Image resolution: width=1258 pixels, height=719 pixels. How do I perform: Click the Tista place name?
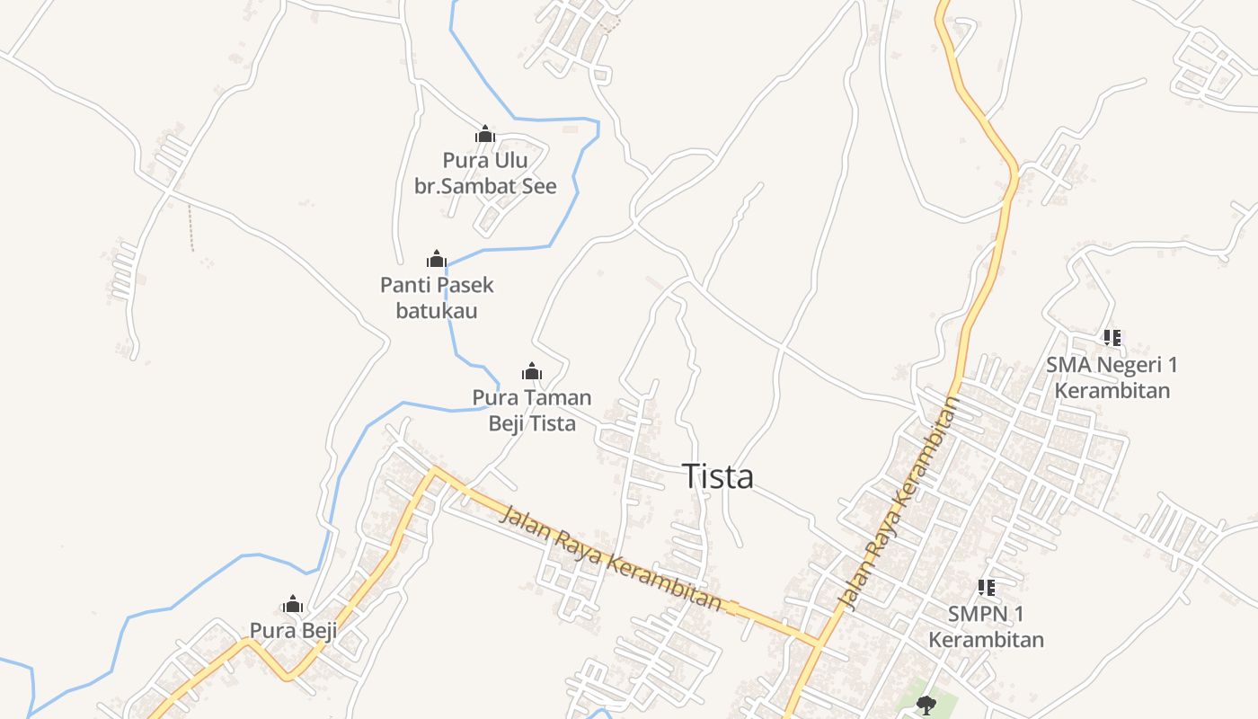point(717,476)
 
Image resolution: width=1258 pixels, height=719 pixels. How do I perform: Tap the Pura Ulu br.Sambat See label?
point(485,173)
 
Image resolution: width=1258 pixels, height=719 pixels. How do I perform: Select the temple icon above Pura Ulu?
point(485,135)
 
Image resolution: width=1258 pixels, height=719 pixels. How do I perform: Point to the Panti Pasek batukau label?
point(437,298)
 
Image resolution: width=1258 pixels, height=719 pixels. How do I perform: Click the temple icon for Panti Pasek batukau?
point(437,260)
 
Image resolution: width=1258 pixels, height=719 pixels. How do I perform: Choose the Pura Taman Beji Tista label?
point(532,411)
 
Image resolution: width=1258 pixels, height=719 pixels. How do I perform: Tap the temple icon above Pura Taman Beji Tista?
point(532,371)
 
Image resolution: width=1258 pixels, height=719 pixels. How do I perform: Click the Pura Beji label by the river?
point(293,631)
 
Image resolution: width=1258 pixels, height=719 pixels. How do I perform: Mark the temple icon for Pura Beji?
point(293,604)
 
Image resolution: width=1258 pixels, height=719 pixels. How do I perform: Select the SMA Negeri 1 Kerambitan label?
point(1112,377)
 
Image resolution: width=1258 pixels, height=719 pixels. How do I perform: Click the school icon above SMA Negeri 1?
point(1112,338)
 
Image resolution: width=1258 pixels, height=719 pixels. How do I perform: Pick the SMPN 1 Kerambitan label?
point(986,626)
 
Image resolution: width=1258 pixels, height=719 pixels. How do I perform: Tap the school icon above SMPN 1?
point(986,588)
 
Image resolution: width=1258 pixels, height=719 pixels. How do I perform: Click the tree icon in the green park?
point(926,705)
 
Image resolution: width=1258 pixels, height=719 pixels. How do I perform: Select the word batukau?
point(437,312)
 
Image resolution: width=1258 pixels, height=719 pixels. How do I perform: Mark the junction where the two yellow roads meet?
point(819,643)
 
